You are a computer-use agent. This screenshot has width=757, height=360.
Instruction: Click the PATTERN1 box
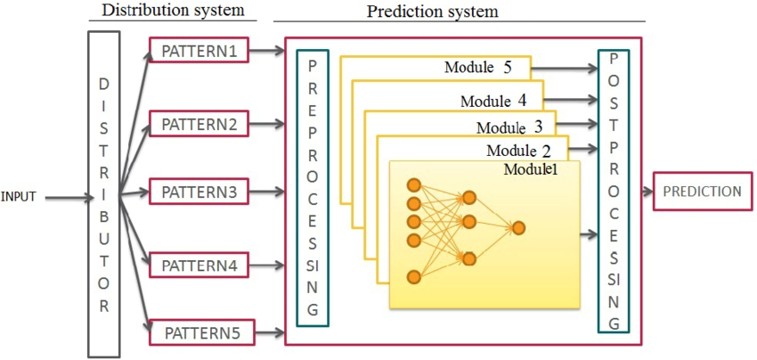[199, 51]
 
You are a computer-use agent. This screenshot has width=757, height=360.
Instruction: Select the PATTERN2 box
[199, 124]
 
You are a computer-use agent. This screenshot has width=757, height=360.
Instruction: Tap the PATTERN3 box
[199, 192]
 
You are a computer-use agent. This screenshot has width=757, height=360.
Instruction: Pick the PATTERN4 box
[199, 265]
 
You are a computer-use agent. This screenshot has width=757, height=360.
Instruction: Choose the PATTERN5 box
[201, 333]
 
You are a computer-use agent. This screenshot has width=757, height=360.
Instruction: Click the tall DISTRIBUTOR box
[104, 193]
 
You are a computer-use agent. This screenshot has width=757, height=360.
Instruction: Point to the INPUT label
[18, 197]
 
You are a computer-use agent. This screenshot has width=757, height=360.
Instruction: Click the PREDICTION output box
[702, 192]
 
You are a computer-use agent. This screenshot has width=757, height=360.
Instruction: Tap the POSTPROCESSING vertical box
[614, 190]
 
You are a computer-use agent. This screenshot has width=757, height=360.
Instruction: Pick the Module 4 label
[492, 101]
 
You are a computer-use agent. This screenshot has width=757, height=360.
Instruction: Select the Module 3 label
[509, 127]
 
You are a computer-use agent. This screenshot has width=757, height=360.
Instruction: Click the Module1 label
[531, 169]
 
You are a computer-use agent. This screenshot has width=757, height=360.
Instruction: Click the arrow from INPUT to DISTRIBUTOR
[63, 196]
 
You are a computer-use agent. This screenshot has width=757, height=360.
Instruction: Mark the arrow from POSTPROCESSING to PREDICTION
[642, 192]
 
